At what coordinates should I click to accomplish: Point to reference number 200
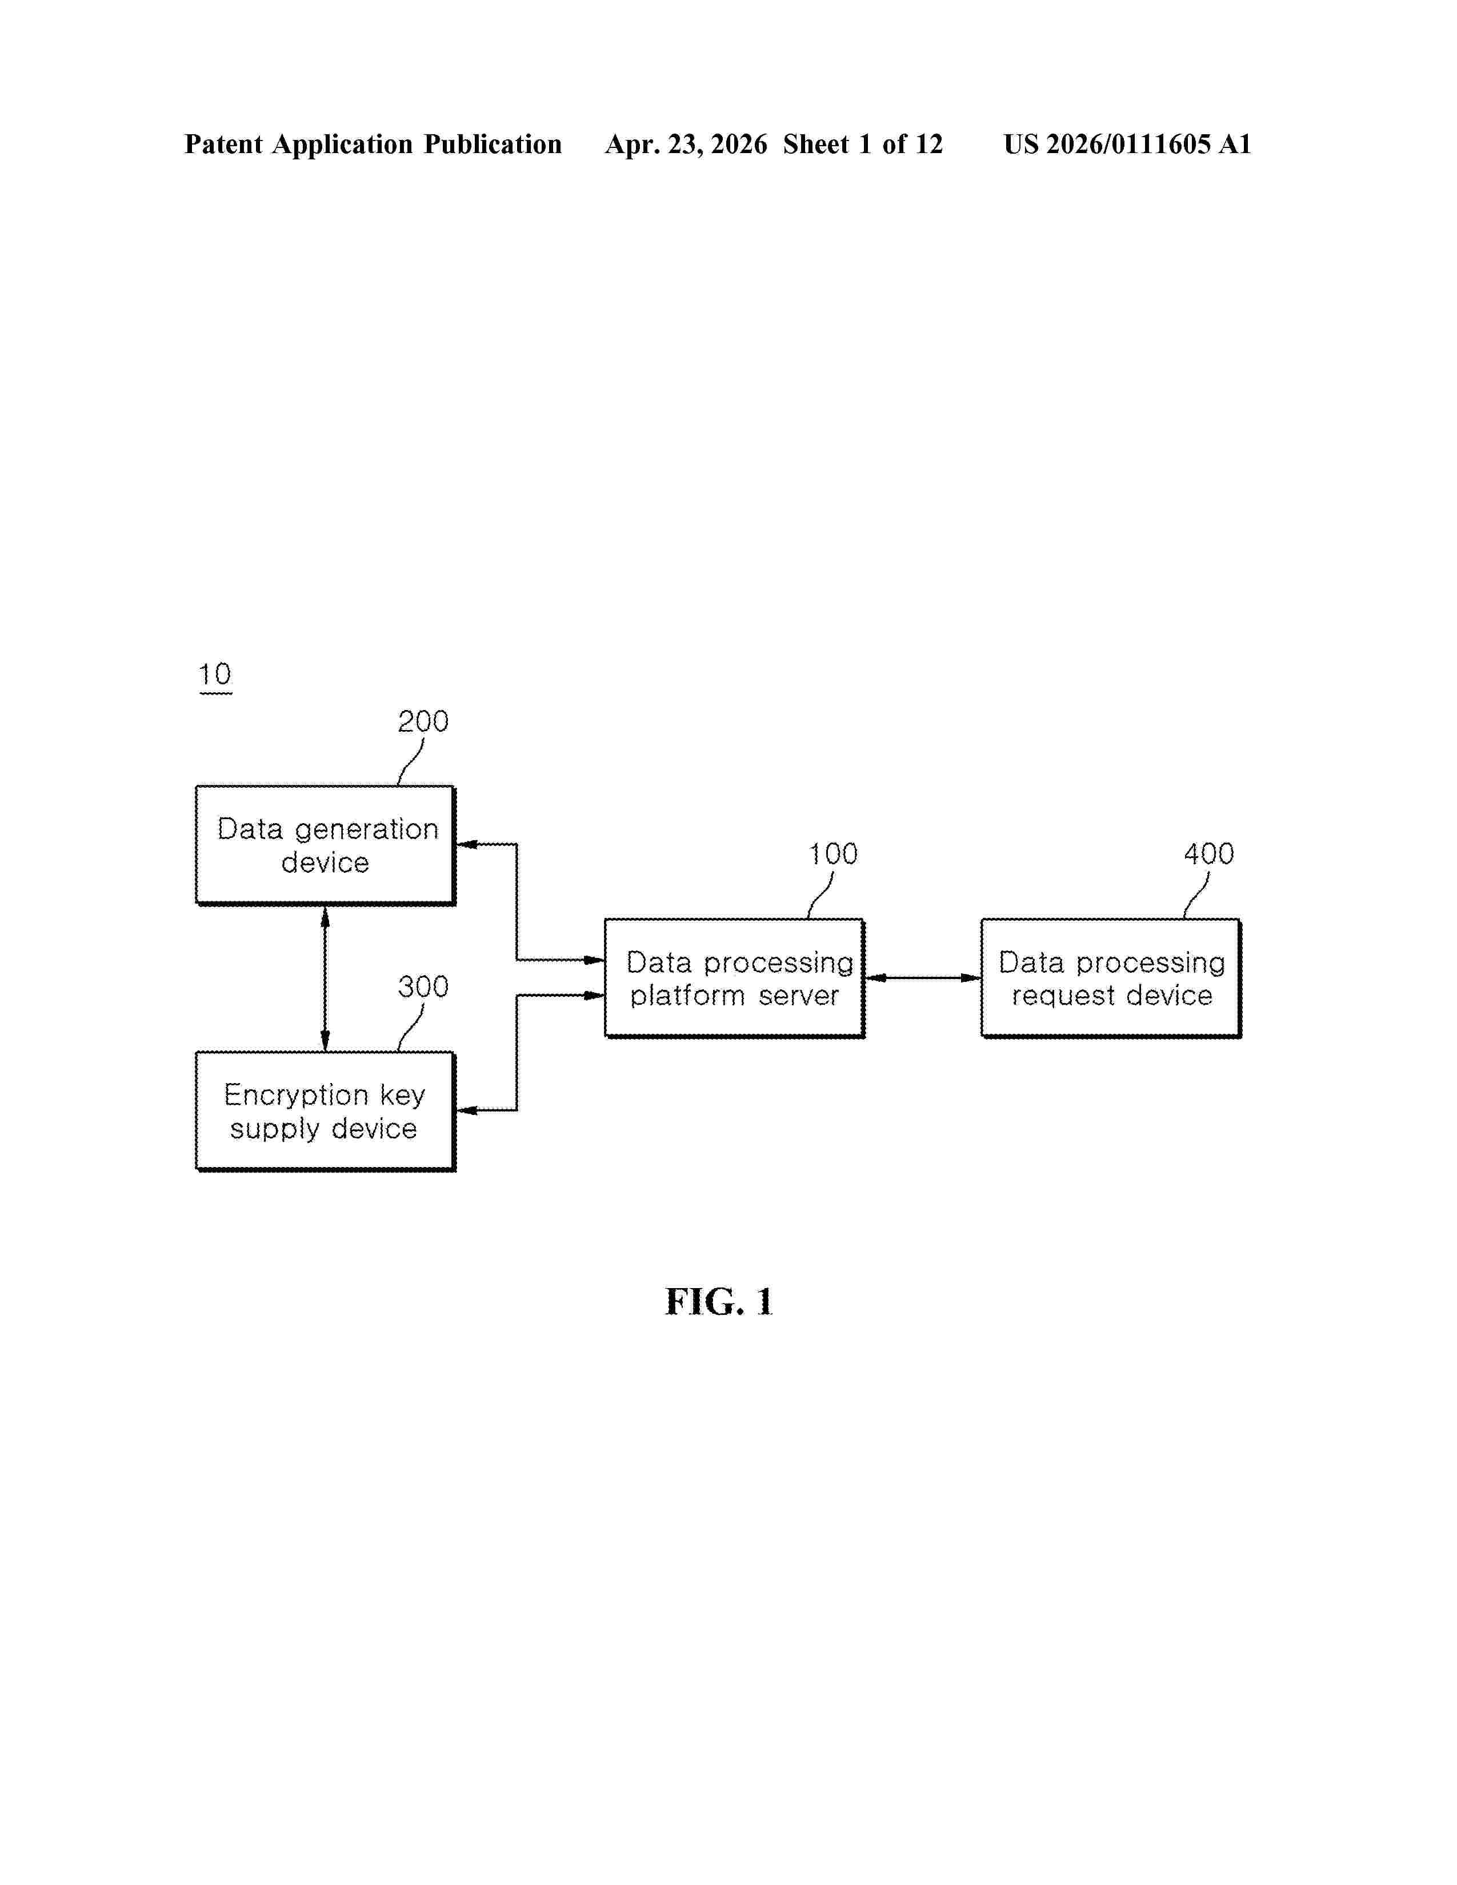(x=423, y=721)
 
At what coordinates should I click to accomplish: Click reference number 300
(x=423, y=986)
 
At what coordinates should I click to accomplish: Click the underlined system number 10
(x=215, y=674)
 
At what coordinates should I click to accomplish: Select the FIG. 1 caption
(x=719, y=1302)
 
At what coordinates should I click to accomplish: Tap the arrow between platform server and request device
(x=923, y=978)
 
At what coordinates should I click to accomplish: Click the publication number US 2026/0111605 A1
(x=1127, y=144)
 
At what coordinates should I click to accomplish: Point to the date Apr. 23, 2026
(x=686, y=144)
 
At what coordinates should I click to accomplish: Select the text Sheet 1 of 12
(x=863, y=144)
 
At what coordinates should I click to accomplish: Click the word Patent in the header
(x=223, y=144)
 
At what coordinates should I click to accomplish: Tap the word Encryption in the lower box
(x=296, y=1095)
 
